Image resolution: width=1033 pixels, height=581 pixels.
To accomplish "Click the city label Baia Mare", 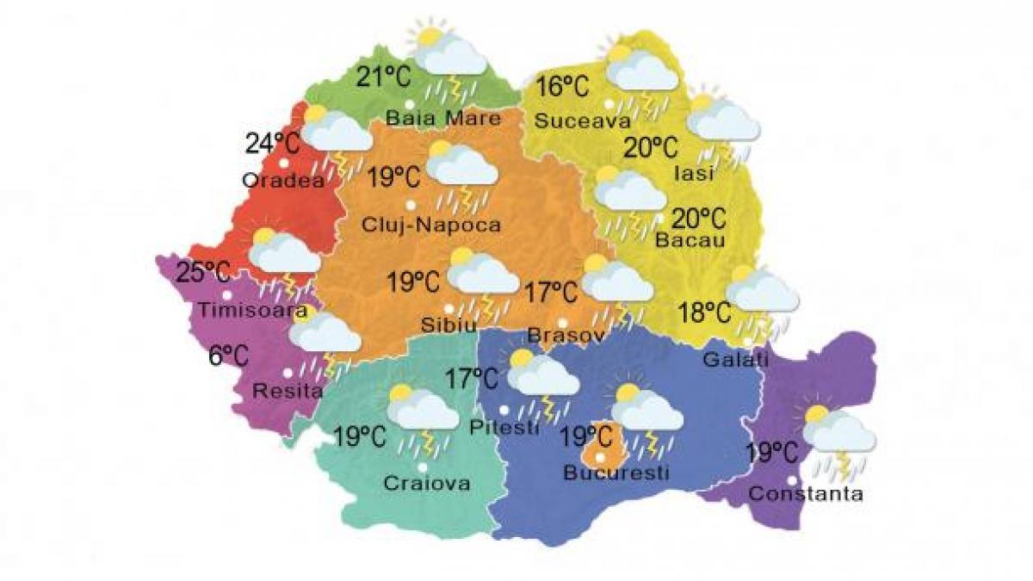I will click(x=443, y=118).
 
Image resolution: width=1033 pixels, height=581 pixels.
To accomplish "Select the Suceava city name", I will click(x=577, y=121).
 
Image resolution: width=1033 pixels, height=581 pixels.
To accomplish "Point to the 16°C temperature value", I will click(x=563, y=88).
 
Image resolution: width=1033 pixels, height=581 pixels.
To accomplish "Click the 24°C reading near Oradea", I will click(x=270, y=142).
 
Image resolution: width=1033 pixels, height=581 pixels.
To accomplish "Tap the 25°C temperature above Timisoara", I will click(x=203, y=274).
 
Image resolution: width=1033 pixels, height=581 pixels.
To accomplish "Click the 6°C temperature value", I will click(x=228, y=354).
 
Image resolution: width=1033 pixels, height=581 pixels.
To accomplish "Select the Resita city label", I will click(x=288, y=391).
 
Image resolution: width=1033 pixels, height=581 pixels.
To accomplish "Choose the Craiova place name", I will click(x=429, y=484).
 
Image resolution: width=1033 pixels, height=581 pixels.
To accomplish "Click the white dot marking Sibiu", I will click(x=448, y=308).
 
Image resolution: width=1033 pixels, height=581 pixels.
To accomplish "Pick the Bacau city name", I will click(x=690, y=240).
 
